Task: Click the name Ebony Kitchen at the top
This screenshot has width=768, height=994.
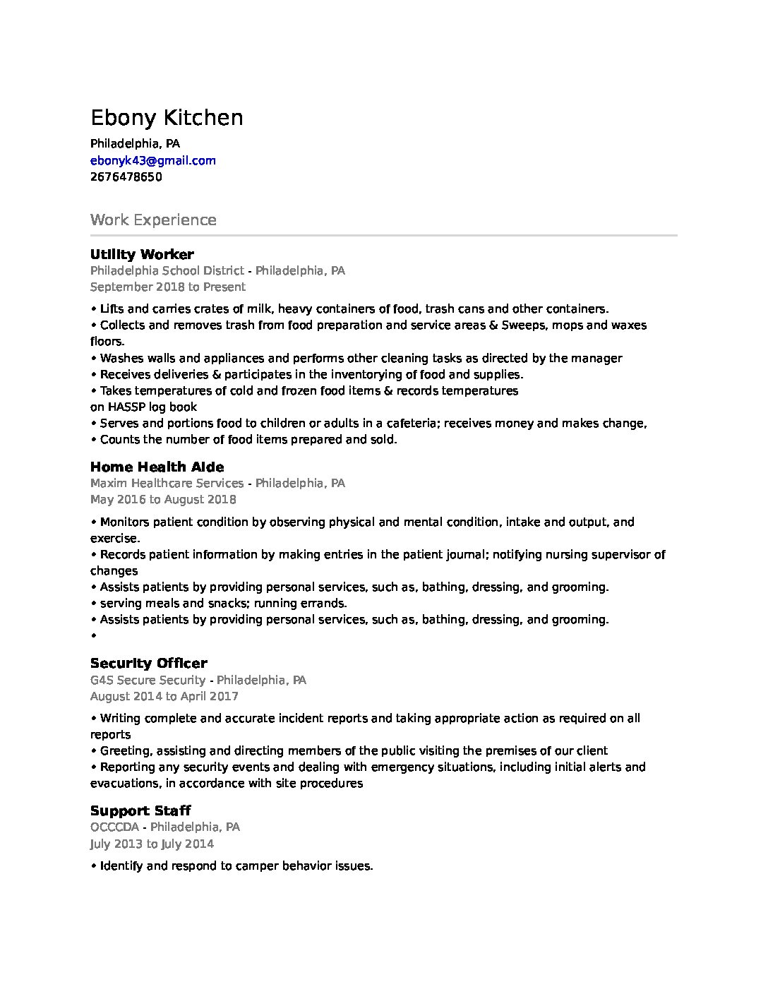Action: click(x=167, y=117)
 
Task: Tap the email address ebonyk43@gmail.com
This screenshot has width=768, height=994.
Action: click(x=153, y=160)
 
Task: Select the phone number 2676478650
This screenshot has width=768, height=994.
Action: click(x=126, y=176)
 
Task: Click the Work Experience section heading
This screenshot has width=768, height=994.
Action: click(x=153, y=220)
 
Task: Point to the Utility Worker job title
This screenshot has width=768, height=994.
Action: click(x=142, y=254)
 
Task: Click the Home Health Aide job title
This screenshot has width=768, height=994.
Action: click(x=157, y=467)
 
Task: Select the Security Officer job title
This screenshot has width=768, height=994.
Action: click(x=148, y=663)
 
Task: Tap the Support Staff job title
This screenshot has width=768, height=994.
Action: click(x=140, y=810)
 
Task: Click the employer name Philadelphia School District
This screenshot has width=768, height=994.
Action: click(x=167, y=270)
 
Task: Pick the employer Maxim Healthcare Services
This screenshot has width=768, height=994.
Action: click(x=167, y=483)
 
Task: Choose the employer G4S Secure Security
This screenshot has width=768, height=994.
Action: click(x=148, y=680)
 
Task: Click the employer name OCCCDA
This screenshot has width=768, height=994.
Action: click(x=114, y=827)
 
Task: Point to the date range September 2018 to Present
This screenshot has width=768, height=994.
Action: click(x=168, y=287)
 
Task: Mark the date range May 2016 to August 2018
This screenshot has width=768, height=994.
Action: click(x=163, y=499)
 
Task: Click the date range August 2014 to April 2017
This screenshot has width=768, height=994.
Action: click(x=164, y=696)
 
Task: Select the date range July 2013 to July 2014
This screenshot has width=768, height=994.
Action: click(x=152, y=844)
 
